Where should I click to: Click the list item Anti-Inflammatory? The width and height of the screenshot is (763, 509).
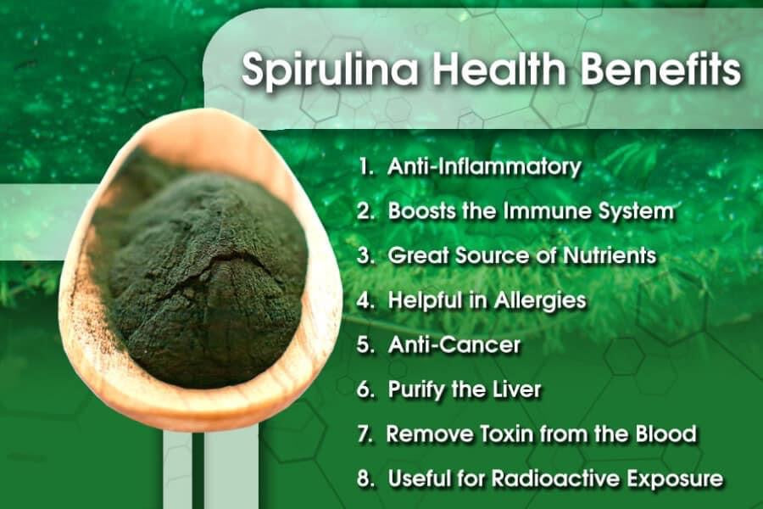pyautogui.click(x=484, y=167)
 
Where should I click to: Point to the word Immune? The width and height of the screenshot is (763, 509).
pyautogui.click(x=547, y=211)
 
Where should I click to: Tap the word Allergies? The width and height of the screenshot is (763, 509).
pyautogui.click(x=540, y=300)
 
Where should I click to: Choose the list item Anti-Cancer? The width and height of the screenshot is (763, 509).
pyautogui.click(x=454, y=345)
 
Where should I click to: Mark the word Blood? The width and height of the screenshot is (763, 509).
pyautogui.click(x=666, y=433)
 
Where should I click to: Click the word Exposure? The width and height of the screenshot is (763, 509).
pyautogui.click(x=675, y=478)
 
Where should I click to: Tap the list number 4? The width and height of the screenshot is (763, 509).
pyautogui.click(x=364, y=300)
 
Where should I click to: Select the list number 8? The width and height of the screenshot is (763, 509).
pyautogui.click(x=364, y=478)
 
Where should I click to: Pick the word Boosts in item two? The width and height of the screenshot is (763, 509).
pyautogui.click(x=420, y=211)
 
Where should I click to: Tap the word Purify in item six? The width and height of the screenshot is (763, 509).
pyautogui.click(x=416, y=390)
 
